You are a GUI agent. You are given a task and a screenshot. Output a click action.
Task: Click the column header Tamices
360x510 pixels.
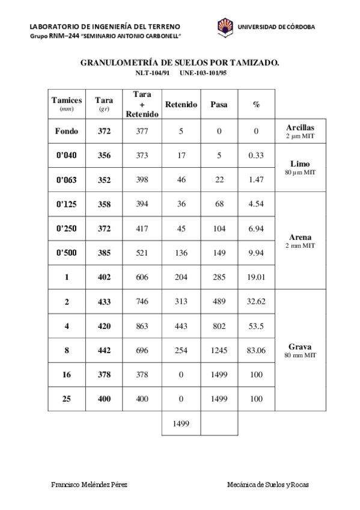point(67,100)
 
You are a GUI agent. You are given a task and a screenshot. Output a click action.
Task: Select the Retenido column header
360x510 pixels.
point(181,105)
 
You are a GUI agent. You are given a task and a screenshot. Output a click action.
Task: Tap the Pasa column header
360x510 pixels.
point(219,105)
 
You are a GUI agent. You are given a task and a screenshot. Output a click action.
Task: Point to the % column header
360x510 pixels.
point(257,105)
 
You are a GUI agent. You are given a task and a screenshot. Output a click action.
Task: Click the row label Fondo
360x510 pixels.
point(67,131)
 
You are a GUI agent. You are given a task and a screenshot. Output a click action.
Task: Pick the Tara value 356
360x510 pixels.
point(105,155)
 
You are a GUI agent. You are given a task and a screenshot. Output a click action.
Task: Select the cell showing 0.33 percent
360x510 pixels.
point(257,155)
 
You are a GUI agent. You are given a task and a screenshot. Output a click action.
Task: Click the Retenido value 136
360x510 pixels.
point(181,253)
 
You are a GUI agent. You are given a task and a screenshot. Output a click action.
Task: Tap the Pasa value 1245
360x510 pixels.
point(219,350)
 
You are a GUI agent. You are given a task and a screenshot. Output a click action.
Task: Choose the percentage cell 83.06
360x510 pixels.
point(257,350)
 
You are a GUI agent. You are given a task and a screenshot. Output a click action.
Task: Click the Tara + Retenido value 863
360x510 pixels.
point(142,326)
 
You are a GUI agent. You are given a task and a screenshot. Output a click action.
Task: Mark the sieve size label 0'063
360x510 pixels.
point(67,180)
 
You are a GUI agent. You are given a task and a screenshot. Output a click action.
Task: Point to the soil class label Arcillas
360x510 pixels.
point(301,127)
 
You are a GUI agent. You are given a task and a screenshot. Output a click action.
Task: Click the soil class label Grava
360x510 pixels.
point(301,346)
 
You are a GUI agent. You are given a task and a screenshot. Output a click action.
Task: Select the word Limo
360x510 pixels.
point(301,164)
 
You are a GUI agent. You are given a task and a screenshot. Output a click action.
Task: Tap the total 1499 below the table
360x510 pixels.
point(181,423)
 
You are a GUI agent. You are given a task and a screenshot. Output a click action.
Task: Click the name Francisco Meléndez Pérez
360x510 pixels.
point(89,485)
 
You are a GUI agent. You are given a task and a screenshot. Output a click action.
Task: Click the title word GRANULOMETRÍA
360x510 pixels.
point(120,62)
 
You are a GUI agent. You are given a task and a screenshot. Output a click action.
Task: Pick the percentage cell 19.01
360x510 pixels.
point(257,277)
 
